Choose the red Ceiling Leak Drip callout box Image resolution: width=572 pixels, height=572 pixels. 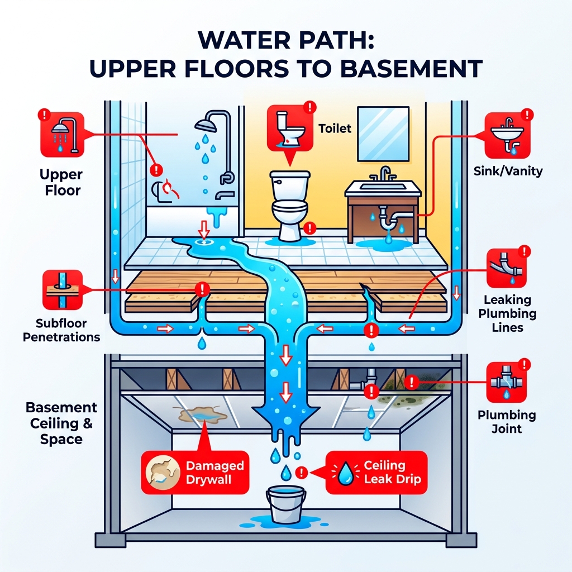coord(375,473)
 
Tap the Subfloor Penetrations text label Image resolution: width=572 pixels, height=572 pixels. coord(61,330)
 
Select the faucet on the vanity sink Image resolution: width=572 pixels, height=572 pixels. coord(385,174)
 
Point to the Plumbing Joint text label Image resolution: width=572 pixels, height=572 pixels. coord(506,422)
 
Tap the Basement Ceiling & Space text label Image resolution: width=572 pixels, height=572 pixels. coord(61,423)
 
